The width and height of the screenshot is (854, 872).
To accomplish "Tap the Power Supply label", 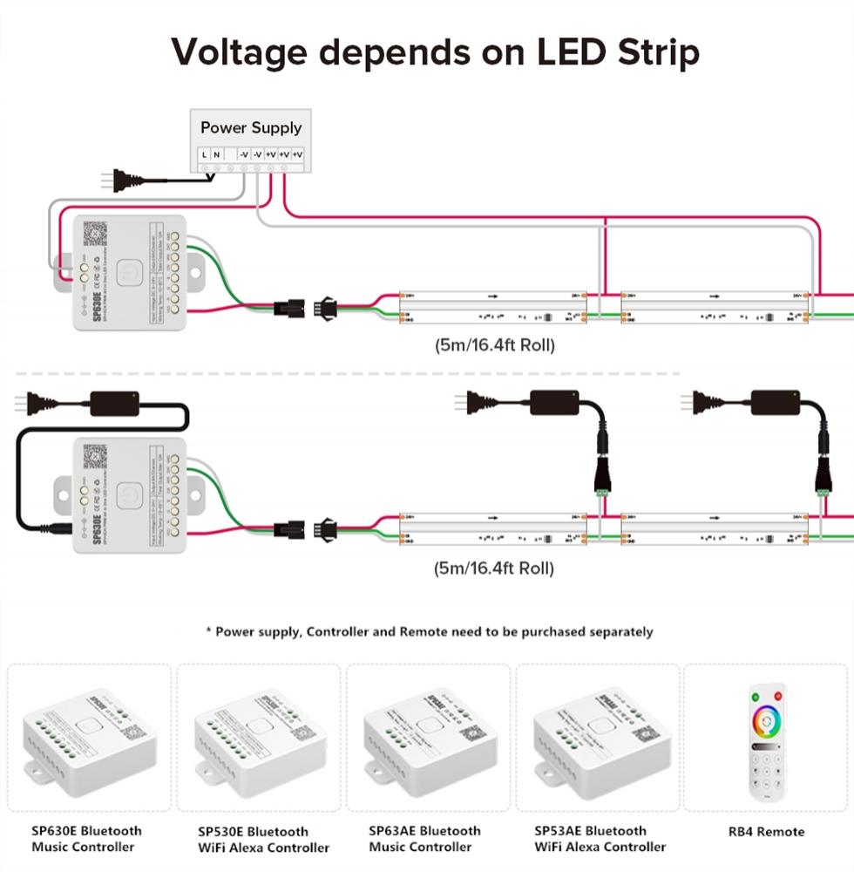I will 251,127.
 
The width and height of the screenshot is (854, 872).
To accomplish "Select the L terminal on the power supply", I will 204,155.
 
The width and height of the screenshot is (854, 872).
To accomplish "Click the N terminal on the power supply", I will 216,155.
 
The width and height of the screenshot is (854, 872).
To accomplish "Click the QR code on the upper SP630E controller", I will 94,234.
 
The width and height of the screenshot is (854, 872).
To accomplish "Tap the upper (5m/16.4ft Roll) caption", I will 494,344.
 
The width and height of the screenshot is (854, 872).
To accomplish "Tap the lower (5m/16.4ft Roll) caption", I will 494,569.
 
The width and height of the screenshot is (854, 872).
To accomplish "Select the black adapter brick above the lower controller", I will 115,403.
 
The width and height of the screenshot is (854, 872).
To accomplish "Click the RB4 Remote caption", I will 766,832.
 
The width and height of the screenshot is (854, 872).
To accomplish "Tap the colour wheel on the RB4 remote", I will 768,721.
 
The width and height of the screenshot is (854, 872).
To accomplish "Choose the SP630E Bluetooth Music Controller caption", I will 86,839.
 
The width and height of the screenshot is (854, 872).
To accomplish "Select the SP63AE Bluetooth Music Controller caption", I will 424,839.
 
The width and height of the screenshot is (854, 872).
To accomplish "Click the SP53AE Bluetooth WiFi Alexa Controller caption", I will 600,839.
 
